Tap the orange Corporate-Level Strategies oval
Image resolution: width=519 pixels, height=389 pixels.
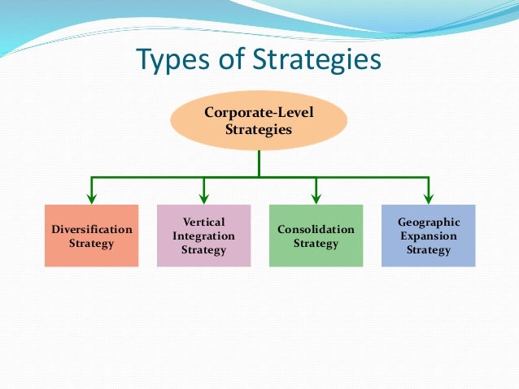[x=259, y=120]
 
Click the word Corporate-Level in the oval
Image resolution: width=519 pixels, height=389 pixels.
[x=259, y=112]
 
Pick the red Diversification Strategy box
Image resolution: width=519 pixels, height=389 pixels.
[x=91, y=236]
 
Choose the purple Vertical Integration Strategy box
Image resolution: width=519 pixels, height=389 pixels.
[x=203, y=236]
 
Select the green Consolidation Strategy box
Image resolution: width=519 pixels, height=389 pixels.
[x=316, y=236]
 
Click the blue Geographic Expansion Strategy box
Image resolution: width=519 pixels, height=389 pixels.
[x=429, y=236]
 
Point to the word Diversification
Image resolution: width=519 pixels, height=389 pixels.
[x=91, y=229]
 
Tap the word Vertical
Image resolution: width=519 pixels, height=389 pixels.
[x=203, y=222]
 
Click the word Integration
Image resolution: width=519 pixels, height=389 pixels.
[x=203, y=236]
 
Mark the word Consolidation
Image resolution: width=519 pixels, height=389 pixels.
[x=316, y=229]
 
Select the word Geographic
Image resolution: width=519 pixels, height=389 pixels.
[x=429, y=222]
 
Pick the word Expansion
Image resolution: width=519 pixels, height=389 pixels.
[x=429, y=236]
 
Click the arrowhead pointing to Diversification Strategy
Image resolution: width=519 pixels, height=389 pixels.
[x=91, y=197]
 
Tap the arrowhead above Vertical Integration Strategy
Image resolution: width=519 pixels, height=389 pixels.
[x=203, y=197]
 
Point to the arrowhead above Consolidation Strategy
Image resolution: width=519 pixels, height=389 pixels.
[x=316, y=197]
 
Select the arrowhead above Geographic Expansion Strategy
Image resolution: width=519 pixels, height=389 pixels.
[x=429, y=197]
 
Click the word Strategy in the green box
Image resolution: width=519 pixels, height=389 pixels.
[x=316, y=244]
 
